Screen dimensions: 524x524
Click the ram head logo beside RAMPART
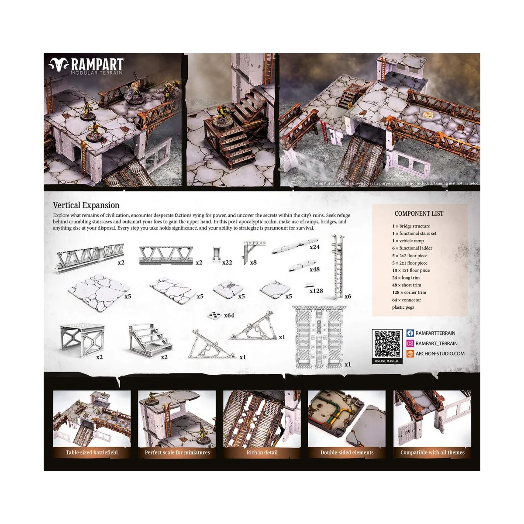pyautogui.click(x=59, y=65)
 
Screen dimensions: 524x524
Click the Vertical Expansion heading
pyautogui.click(x=86, y=205)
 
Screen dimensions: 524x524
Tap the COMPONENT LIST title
pyautogui.click(x=419, y=214)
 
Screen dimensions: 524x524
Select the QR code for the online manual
pyautogui.click(x=387, y=344)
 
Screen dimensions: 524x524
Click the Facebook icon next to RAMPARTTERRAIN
pyautogui.click(x=410, y=333)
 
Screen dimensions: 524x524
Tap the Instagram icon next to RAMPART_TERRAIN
pyautogui.click(x=410, y=344)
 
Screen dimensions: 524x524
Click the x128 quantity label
pyautogui.click(x=316, y=291)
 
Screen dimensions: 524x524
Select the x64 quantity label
pyautogui.click(x=229, y=315)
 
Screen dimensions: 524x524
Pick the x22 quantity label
pyautogui.click(x=227, y=263)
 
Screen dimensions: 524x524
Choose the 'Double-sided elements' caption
pyautogui.click(x=347, y=452)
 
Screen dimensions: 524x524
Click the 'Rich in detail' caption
pyautogui.click(x=262, y=452)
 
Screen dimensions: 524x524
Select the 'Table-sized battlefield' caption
pyautogui.click(x=92, y=452)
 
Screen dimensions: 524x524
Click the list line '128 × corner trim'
pyautogui.click(x=409, y=293)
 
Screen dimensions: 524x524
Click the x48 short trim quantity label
pyautogui.click(x=314, y=269)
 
